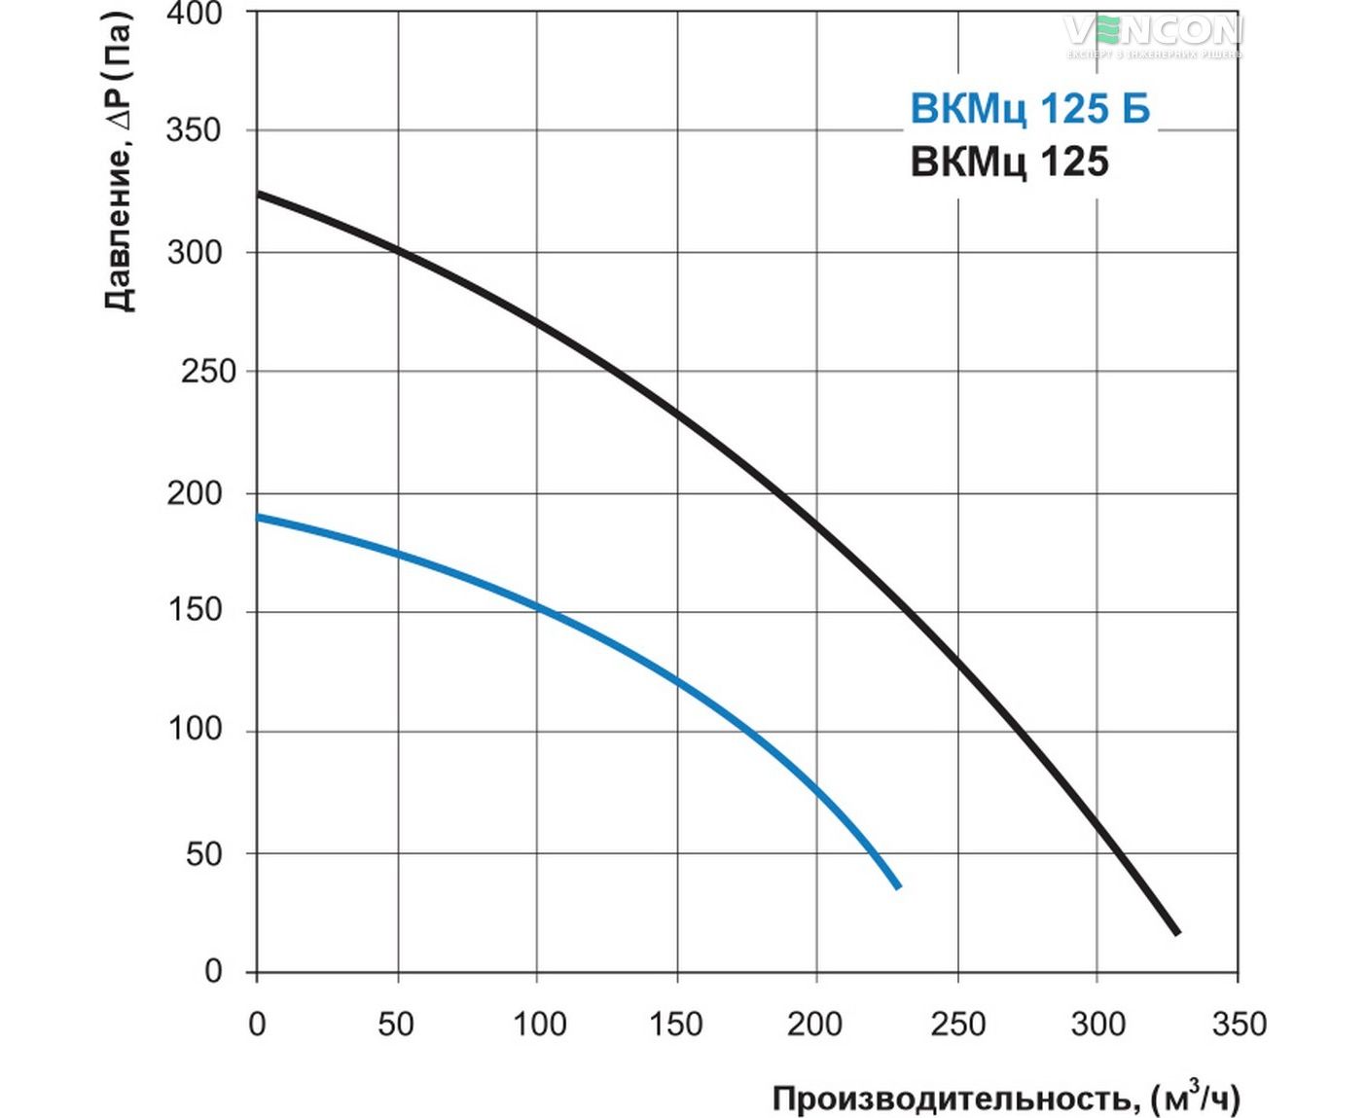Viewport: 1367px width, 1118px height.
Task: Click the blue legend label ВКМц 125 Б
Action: pos(1029,109)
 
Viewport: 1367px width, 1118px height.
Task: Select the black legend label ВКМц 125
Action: pos(1009,162)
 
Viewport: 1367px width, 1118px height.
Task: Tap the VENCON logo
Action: pos(1153,33)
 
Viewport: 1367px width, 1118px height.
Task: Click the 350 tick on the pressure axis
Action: pos(194,130)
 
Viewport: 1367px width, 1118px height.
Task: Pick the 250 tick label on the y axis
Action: pos(207,372)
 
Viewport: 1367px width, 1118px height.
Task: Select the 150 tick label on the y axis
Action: pos(194,610)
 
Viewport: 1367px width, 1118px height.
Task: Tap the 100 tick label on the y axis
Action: pos(194,729)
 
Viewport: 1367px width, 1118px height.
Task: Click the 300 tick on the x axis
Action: pos(1097,1025)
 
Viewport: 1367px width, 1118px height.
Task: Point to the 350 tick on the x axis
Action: pos(1239,1025)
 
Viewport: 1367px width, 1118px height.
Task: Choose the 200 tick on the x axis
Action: pos(815,1025)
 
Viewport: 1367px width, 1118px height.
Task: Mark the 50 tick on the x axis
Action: pos(396,1025)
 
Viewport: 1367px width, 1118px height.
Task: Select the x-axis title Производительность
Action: pos(953,1100)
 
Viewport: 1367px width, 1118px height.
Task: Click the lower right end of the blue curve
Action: pos(897,885)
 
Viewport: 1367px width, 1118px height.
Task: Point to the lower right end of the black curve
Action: pos(1176,932)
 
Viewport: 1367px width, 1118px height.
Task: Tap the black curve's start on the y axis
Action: pos(258,194)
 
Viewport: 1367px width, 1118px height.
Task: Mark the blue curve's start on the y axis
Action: pos(258,517)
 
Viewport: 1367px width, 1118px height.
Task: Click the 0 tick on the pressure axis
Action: pos(213,971)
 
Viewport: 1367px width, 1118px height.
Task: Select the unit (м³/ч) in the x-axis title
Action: pos(1196,1098)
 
